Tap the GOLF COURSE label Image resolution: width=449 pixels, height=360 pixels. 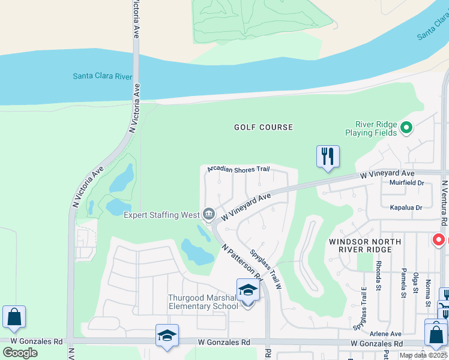[264, 127]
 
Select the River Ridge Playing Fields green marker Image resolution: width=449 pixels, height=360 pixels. [406, 127]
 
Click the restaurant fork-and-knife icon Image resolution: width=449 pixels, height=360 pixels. [328, 157]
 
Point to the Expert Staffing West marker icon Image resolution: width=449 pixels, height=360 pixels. [209, 214]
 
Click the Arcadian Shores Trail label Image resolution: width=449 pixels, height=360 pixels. [238, 169]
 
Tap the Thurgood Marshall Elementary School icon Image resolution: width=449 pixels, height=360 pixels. [248, 291]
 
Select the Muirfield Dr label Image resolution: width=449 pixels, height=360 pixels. [407, 183]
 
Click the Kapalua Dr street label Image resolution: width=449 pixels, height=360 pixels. [406, 207]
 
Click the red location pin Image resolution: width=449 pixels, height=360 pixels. [439, 240]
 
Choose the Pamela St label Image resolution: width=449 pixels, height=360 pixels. [403, 283]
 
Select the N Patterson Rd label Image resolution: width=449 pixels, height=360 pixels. [242, 262]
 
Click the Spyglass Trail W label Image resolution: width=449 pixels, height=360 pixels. [267, 269]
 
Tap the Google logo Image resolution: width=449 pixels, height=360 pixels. [20, 352]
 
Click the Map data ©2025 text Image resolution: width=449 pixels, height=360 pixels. [423, 355]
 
